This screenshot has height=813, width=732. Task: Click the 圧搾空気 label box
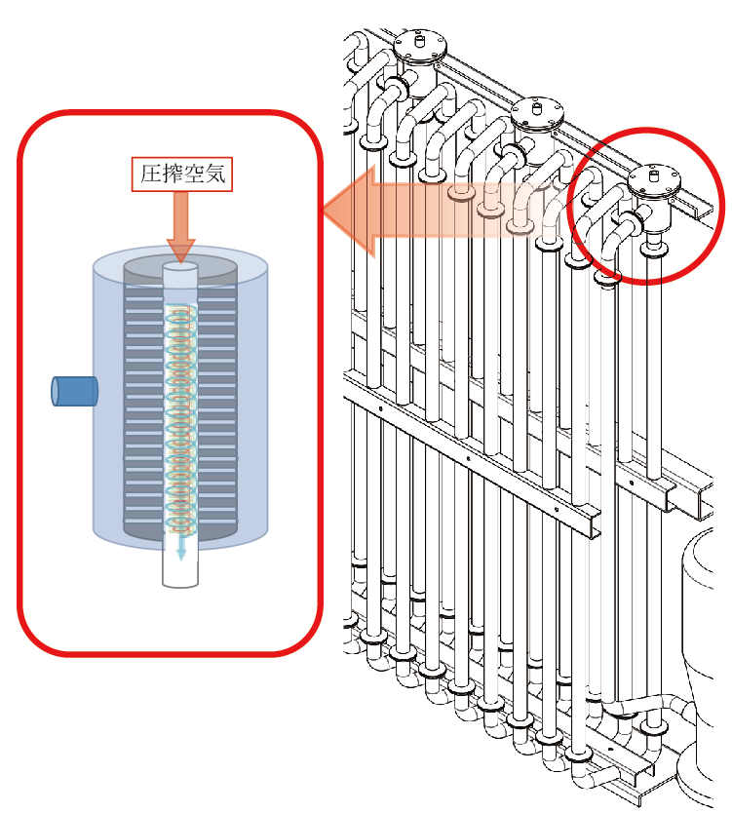(181, 174)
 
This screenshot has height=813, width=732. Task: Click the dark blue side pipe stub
(74, 390)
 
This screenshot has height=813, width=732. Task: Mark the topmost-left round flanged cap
(420, 44)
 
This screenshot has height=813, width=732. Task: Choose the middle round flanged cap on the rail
(537, 113)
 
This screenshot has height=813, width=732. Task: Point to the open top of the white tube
(180, 266)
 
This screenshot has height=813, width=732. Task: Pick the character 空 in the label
(193, 174)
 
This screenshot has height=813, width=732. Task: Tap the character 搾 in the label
(171, 174)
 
